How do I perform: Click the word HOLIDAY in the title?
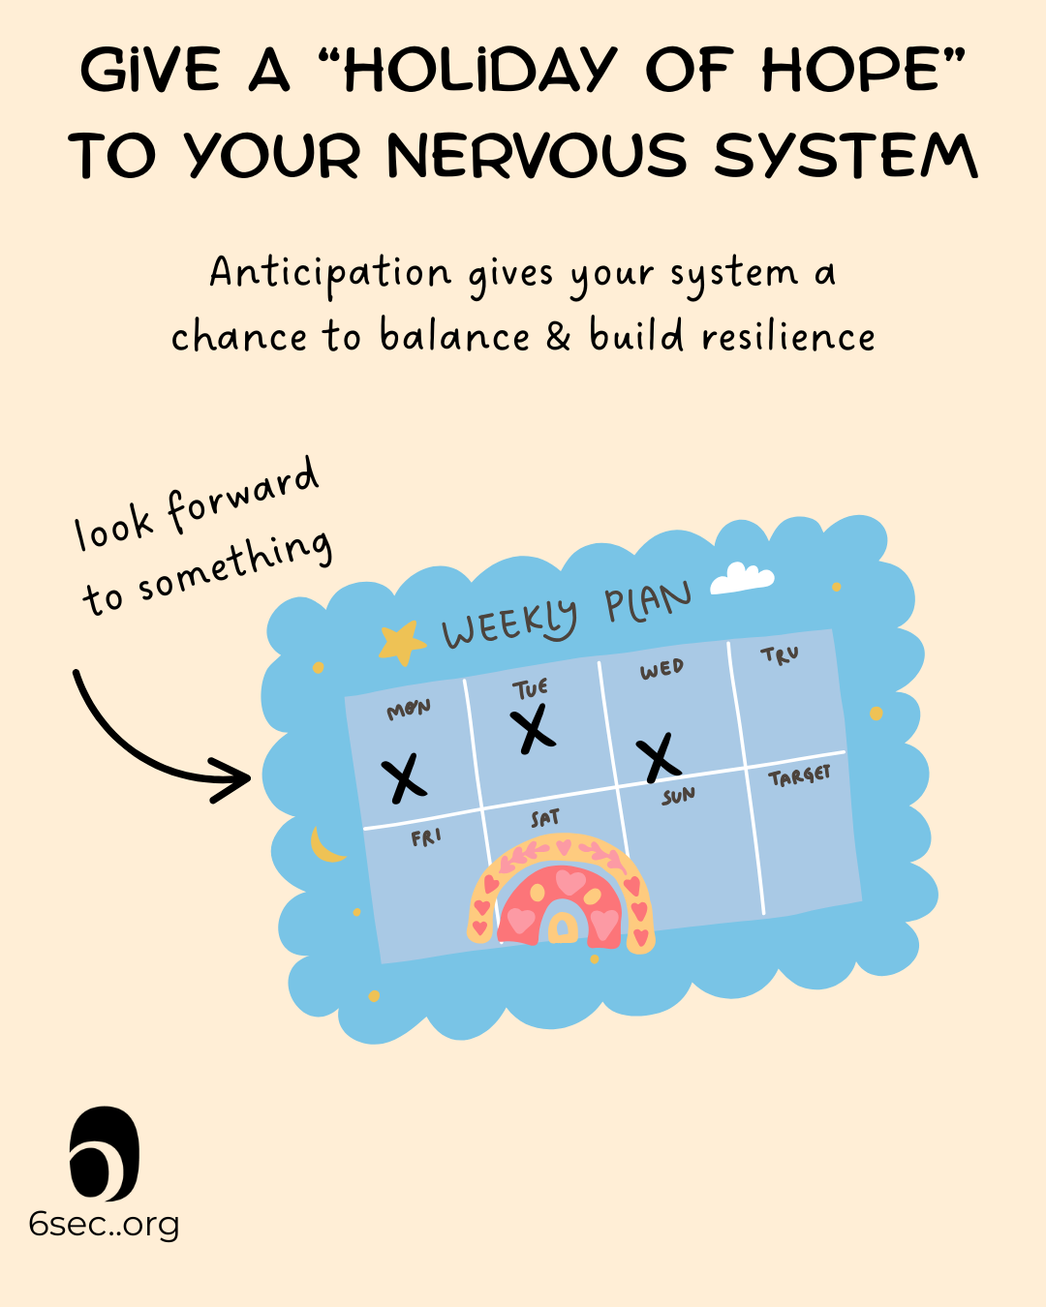(x=479, y=71)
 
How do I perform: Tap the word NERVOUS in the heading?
(x=537, y=156)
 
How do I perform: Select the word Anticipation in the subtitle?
(x=330, y=274)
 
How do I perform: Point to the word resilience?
(x=787, y=337)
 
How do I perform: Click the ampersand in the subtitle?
(x=559, y=336)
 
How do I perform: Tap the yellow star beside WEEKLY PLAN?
(x=401, y=643)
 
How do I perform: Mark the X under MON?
(x=404, y=777)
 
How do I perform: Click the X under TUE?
(x=532, y=729)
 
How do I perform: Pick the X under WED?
(x=660, y=756)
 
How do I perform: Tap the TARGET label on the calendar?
(x=799, y=775)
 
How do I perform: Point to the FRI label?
(x=426, y=837)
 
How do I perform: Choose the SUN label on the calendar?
(x=678, y=796)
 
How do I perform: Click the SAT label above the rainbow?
(x=545, y=819)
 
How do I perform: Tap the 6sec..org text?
(x=104, y=1225)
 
